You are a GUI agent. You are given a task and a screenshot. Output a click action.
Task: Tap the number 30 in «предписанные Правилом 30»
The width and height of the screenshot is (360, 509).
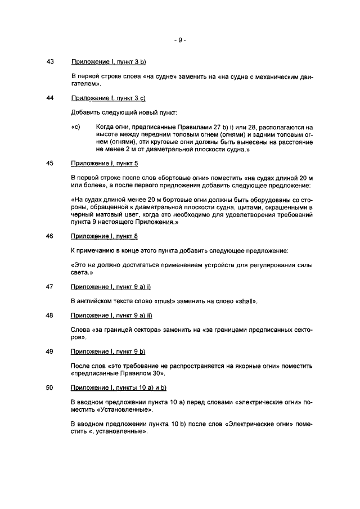pyautogui.click(x=148, y=373)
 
